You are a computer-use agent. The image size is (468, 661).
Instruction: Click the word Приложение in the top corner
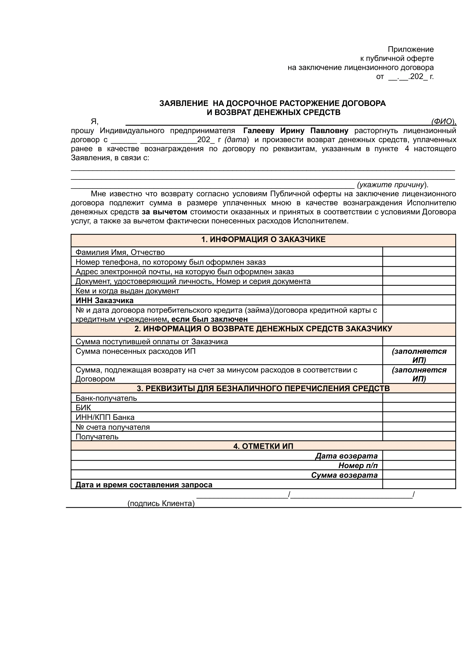pyautogui.click(x=410, y=49)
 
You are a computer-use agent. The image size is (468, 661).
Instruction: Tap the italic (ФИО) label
pyautogui.click(x=443, y=122)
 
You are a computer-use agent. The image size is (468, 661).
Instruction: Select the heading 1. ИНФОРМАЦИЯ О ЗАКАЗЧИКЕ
pyautogui.click(x=263, y=239)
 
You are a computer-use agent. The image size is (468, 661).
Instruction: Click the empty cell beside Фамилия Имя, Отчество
pyautogui.click(x=419, y=252)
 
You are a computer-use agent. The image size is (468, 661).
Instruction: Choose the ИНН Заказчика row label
pyautogui.click(x=104, y=300)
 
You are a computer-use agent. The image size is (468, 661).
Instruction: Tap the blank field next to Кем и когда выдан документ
pyautogui.click(x=419, y=291)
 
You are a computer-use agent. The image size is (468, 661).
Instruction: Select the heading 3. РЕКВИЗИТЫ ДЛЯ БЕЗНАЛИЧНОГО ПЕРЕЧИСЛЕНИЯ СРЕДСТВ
pyautogui.click(x=263, y=388)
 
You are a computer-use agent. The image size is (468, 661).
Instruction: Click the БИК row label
pyautogui.click(x=83, y=408)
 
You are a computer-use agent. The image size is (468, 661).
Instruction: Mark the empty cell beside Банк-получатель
pyautogui.click(x=419, y=398)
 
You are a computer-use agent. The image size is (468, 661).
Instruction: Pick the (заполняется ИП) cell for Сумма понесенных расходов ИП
pyautogui.click(x=419, y=356)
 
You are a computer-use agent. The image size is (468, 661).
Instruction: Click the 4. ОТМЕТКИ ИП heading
pyautogui.click(x=263, y=446)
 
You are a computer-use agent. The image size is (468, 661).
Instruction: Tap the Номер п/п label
pyautogui.click(x=357, y=465)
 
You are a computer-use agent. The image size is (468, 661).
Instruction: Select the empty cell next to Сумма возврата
pyautogui.click(x=419, y=475)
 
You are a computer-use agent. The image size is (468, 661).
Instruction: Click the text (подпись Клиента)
pyautogui.click(x=161, y=503)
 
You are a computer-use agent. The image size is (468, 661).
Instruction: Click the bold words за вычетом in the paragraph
pyautogui.click(x=164, y=212)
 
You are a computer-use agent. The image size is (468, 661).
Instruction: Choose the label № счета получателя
pyautogui.click(x=113, y=427)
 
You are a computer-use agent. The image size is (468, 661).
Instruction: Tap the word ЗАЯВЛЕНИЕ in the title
pyautogui.click(x=184, y=103)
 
